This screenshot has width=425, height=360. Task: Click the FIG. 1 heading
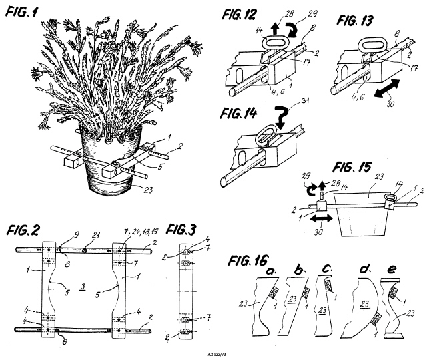pyautogui.click(x=22, y=12)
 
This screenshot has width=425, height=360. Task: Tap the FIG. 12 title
pyautogui.click(x=239, y=15)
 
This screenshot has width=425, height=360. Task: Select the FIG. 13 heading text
pyautogui.click(x=355, y=21)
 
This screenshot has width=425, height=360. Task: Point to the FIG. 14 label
pyautogui.click(x=238, y=113)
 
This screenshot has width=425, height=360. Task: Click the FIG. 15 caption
pyautogui.click(x=352, y=167)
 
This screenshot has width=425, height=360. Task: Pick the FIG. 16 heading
pyautogui.click(x=248, y=260)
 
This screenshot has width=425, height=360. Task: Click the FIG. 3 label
pyautogui.click(x=181, y=230)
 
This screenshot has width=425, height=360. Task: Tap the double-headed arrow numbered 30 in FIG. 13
pyautogui.click(x=387, y=88)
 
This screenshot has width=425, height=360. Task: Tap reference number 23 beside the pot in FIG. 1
pyautogui.click(x=148, y=190)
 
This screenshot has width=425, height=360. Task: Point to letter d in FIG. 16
pyautogui.click(x=364, y=270)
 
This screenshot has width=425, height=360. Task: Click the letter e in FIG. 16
pyautogui.click(x=392, y=270)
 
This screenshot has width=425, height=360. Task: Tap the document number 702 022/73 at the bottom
pyautogui.click(x=216, y=354)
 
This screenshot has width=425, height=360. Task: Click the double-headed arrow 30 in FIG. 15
pyautogui.click(x=321, y=219)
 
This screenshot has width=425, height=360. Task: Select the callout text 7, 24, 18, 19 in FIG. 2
pyautogui.click(x=141, y=232)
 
